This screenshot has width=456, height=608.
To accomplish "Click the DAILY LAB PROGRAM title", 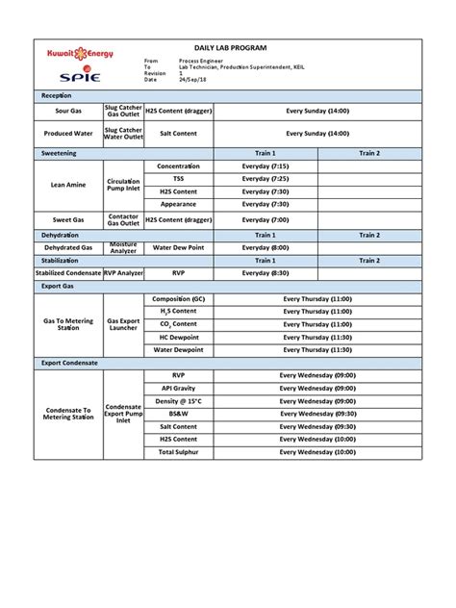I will pos(231,47).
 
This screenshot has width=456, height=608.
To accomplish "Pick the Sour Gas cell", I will pos(68,112).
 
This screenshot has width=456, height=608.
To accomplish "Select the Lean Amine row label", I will pos(68,185).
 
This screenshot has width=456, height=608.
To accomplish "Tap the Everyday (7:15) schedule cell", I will pos(265,166).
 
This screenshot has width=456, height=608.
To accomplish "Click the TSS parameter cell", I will pos(178,179).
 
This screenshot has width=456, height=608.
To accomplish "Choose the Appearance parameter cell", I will pos(178,204).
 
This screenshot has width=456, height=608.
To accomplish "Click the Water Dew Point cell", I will pos(178,247).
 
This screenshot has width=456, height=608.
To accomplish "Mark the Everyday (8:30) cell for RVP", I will pos(265,273).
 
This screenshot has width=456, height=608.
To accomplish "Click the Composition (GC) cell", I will pos(178,299).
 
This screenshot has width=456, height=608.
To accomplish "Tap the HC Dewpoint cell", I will pos(178,337).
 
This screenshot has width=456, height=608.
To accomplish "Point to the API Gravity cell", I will pos(178,388).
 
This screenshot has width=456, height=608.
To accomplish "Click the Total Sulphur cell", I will pos(178,451).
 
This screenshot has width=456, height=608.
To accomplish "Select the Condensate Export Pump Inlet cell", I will pos(123,414).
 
